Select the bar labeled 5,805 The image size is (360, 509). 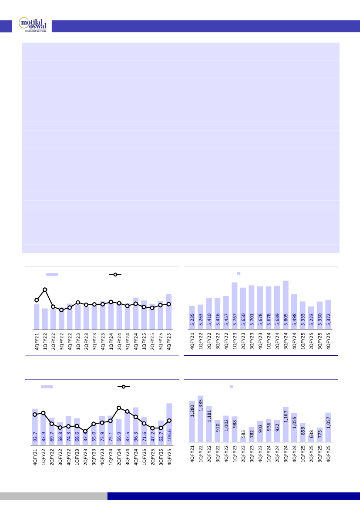click(286, 305)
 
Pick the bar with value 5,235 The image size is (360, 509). click(192, 317)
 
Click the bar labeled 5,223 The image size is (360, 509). click(311, 318)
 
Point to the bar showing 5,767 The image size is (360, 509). click(235, 306)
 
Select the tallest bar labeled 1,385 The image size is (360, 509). click(200, 418)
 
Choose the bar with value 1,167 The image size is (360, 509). click(285, 424)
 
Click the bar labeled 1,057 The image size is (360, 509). click(328, 427)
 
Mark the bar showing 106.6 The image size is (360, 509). click(169, 422)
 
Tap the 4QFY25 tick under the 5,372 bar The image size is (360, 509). click(328, 340)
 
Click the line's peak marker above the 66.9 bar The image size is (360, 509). click(119, 408)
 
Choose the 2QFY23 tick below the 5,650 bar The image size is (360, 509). click(243, 340)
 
